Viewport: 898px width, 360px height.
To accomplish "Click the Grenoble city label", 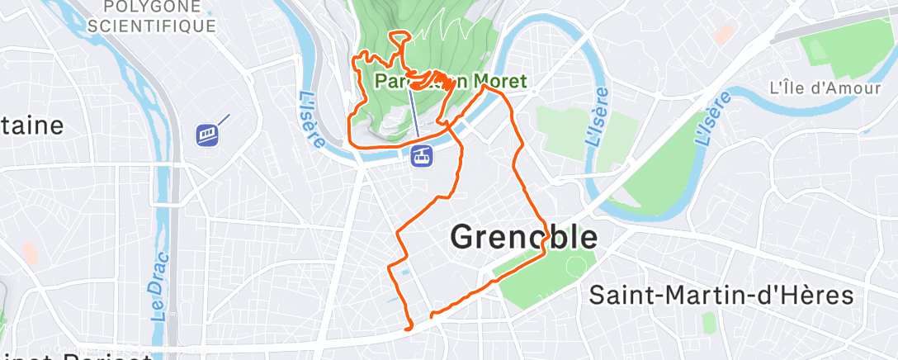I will (523, 237).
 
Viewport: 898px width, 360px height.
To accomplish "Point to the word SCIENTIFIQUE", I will (152, 26).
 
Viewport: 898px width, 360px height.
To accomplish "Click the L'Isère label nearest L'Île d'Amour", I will (715, 117).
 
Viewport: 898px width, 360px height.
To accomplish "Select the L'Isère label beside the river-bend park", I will (598, 117).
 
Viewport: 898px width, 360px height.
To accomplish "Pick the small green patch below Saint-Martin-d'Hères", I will (707, 322).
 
